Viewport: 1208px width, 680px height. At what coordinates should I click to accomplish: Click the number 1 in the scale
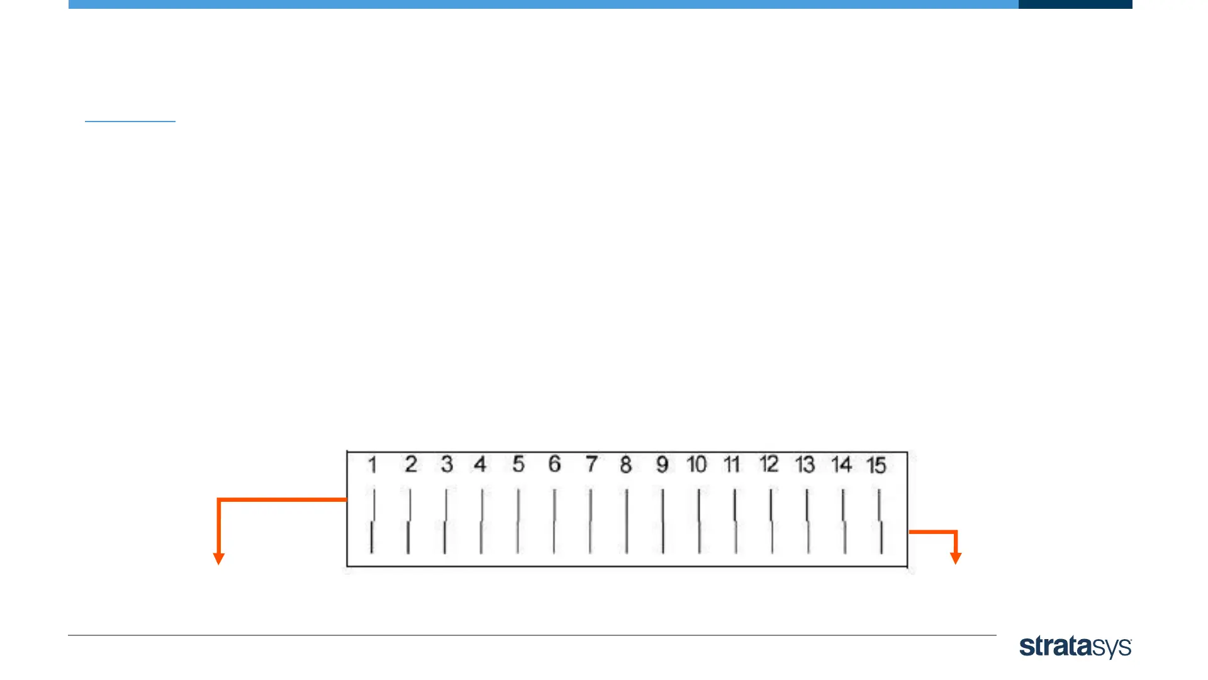372,465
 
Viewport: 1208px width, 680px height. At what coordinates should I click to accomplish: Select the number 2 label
411,465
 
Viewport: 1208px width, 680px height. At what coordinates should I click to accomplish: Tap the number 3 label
447,465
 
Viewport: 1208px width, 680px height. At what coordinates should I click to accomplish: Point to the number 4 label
480,465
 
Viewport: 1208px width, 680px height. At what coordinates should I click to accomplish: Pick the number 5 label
518,465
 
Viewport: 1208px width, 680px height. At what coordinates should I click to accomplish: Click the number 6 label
554,465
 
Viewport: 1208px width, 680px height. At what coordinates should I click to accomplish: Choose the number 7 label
591,465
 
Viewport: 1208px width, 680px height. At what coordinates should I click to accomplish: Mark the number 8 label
625,465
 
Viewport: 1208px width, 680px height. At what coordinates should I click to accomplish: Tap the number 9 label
662,465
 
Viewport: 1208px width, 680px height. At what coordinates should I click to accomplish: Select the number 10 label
696,465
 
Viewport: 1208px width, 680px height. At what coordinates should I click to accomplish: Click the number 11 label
732,465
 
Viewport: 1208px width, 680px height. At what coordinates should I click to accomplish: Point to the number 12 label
769,465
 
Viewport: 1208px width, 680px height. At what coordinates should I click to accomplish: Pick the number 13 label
805,465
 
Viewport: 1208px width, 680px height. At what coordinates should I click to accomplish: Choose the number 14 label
841,465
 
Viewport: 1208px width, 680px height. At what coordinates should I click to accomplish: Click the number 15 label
876,465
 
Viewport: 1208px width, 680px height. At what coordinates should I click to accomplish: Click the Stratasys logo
1075,647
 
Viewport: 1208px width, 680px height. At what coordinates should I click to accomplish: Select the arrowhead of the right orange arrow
956,558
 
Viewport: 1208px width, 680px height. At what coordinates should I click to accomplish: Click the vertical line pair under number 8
627,521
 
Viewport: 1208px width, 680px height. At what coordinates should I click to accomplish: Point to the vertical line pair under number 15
880,521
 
